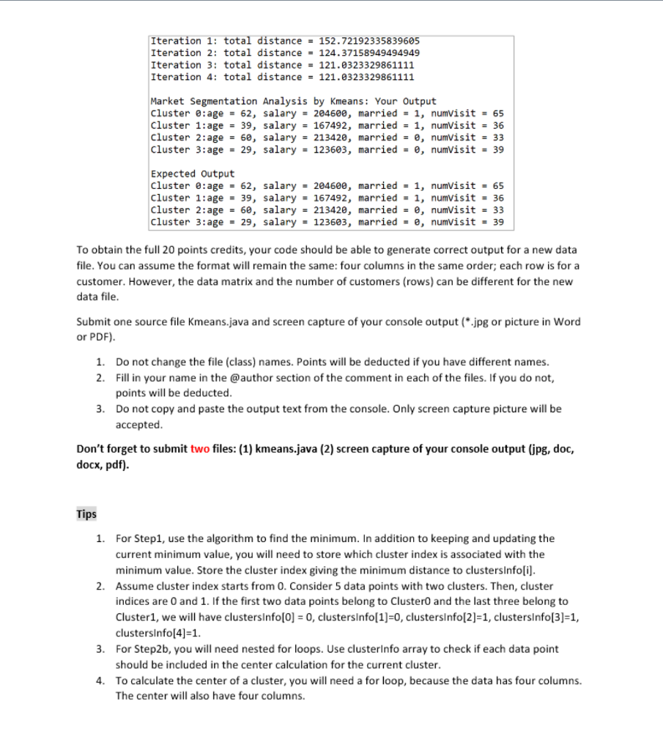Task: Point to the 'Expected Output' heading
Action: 192,174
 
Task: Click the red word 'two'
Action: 200,449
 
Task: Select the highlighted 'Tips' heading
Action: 86,514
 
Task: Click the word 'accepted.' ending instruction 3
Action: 138,424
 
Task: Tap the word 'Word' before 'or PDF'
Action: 568,322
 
